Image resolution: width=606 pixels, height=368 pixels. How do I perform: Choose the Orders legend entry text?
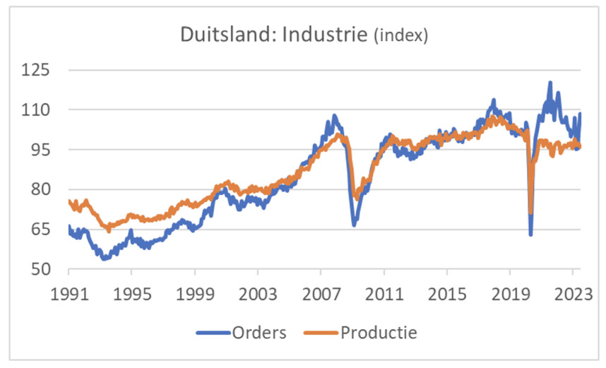(x=259, y=331)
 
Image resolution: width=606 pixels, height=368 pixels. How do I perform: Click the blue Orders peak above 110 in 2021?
(x=549, y=83)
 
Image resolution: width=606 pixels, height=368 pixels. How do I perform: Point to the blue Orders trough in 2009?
(x=353, y=224)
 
